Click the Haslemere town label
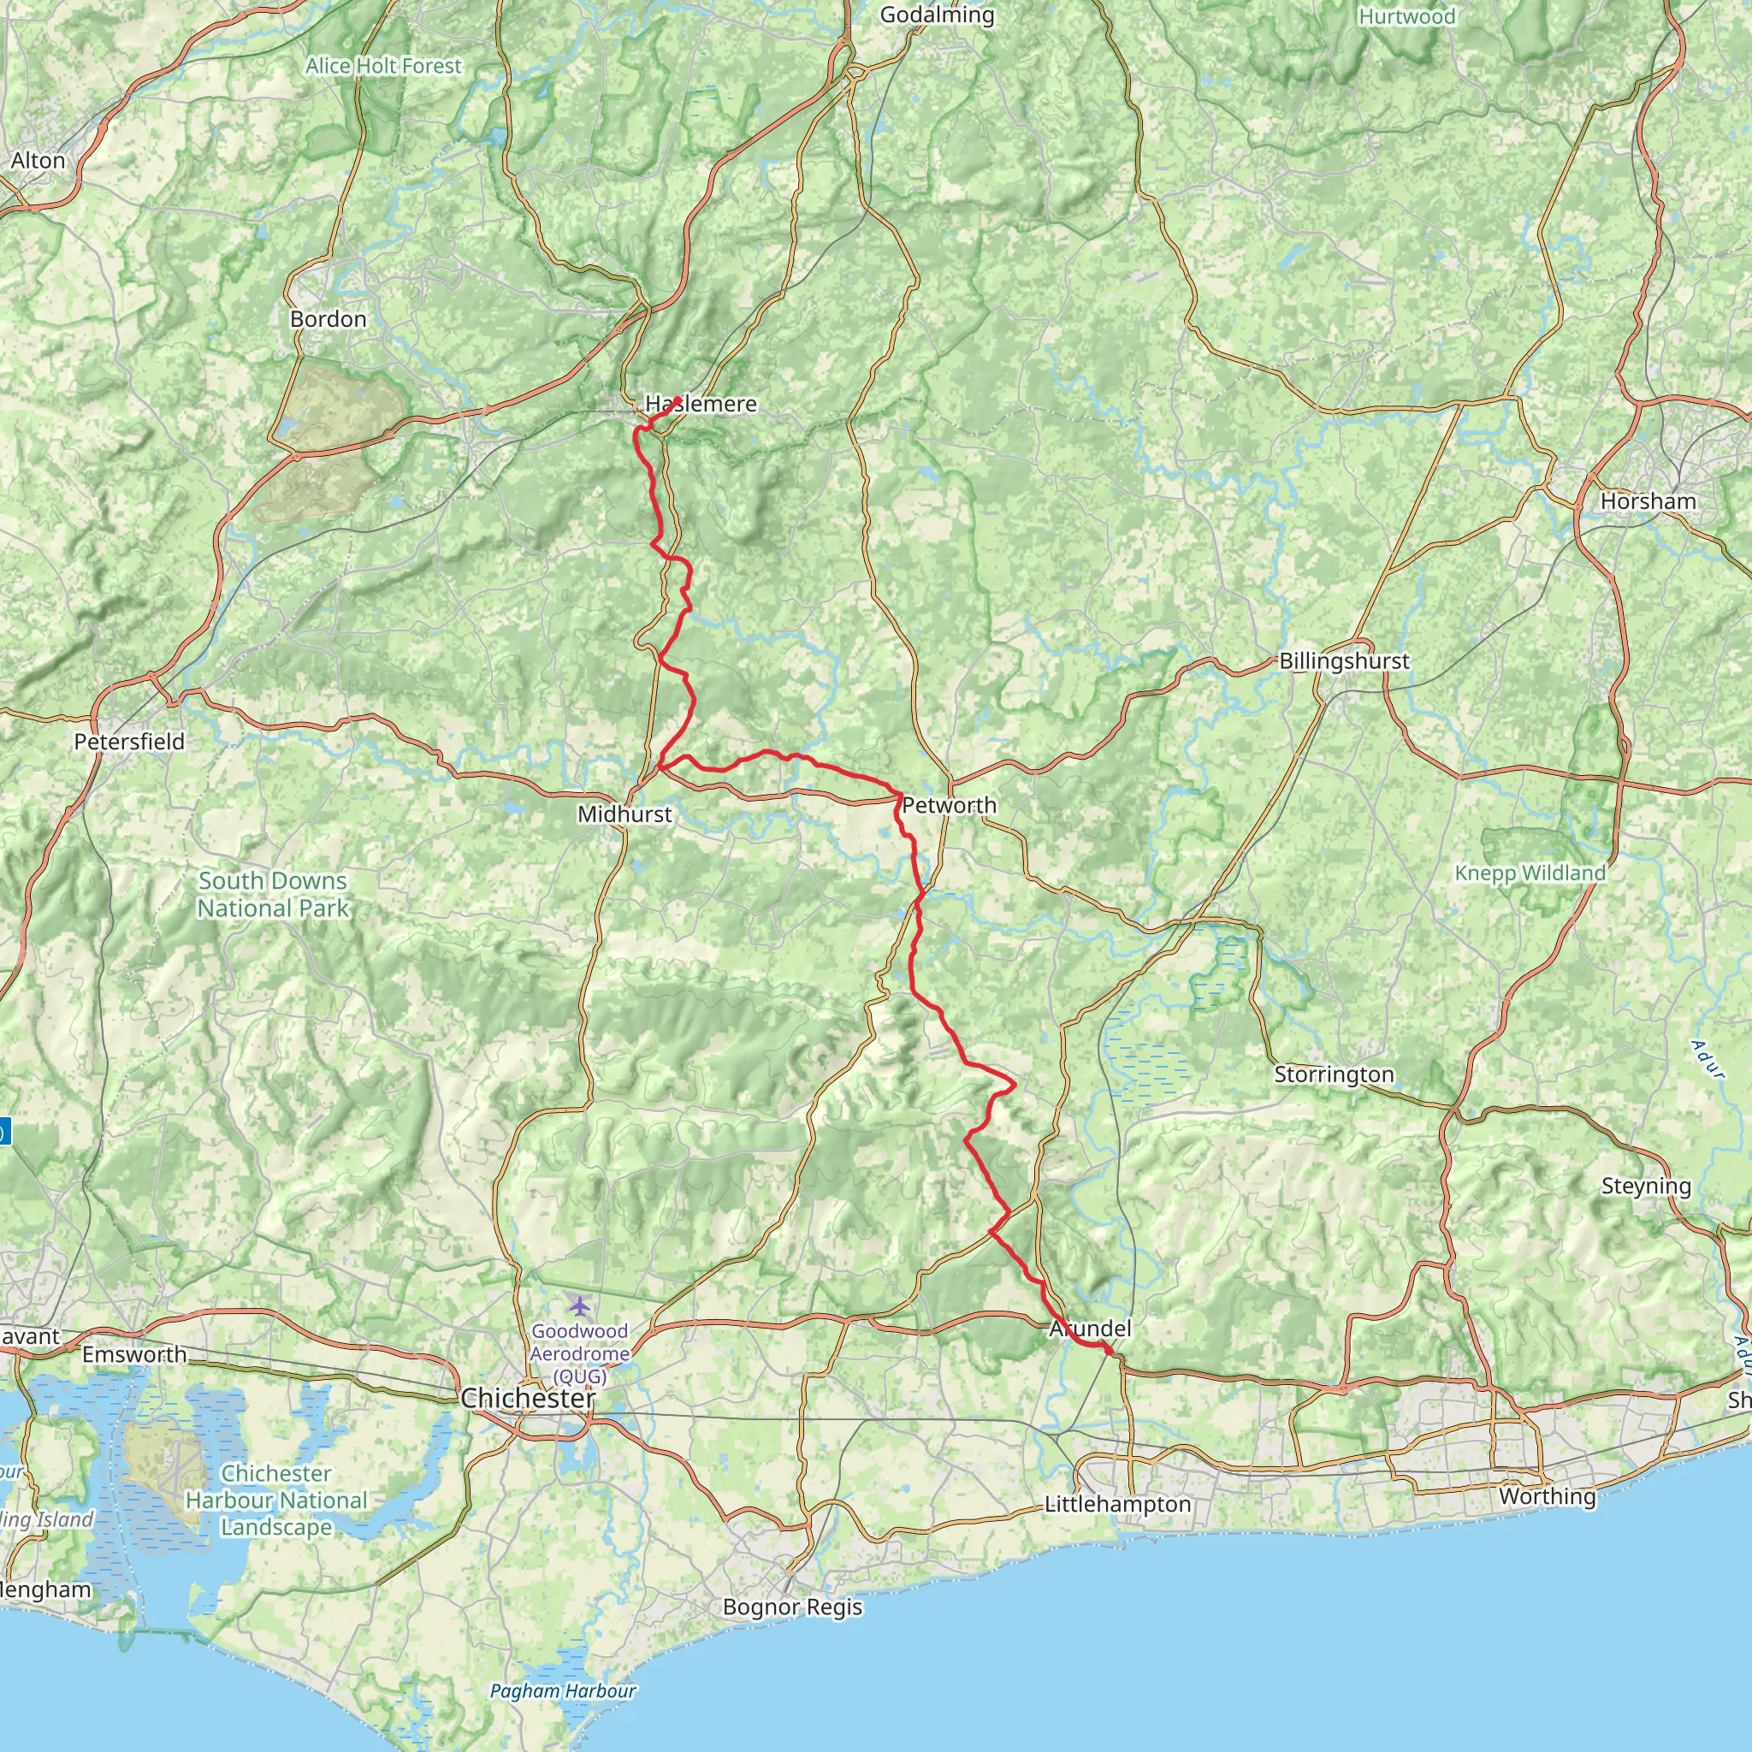(x=700, y=404)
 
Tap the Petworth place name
(x=949, y=805)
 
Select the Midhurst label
(x=624, y=814)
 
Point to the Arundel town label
(x=1090, y=1329)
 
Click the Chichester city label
(x=528, y=1399)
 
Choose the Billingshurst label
(x=1344, y=661)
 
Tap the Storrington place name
(x=1334, y=1074)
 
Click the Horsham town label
(x=1648, y=501)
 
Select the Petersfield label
(x=129, y=742)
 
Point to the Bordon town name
(x=328, y=319)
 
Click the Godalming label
(x=937, y=15)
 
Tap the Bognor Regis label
(x=792, y=1607)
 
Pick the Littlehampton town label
(x=1118, y=1504)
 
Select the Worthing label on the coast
(x=1547, y=1496)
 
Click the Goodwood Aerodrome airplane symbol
(x=579, y=1305)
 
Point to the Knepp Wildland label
(x=1530, y=873)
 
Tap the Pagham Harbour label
(x=562, y=1691)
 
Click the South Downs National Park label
(x=273, y=894)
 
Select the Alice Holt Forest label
(x=383, y=66)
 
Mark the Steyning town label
(x=1646, y=1187)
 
